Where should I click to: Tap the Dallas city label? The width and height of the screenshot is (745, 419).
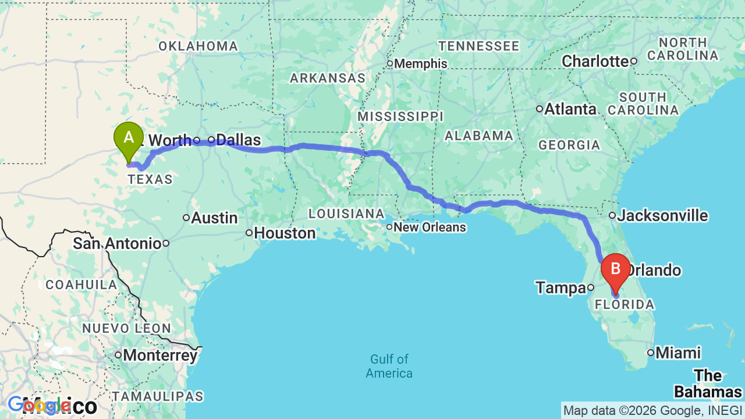pos(238,140)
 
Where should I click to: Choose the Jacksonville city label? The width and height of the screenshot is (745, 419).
pos(662,216)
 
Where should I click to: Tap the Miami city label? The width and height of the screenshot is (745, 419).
pos(677,353)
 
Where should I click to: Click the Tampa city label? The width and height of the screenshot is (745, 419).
pos(560,287)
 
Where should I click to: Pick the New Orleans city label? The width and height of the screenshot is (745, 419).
pos(430,227)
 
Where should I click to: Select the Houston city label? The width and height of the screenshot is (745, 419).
pos(285,233)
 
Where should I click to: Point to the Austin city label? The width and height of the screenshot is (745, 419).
pos(214,218)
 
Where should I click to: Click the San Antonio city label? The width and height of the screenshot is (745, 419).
pos(116,243)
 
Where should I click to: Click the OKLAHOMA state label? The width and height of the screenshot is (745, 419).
pos(198,47)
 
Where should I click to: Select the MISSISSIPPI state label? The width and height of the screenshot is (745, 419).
pos(400,116)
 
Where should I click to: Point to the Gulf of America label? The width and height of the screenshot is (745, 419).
pos(389,366)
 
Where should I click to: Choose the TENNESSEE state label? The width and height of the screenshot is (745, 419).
pos(479,46)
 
